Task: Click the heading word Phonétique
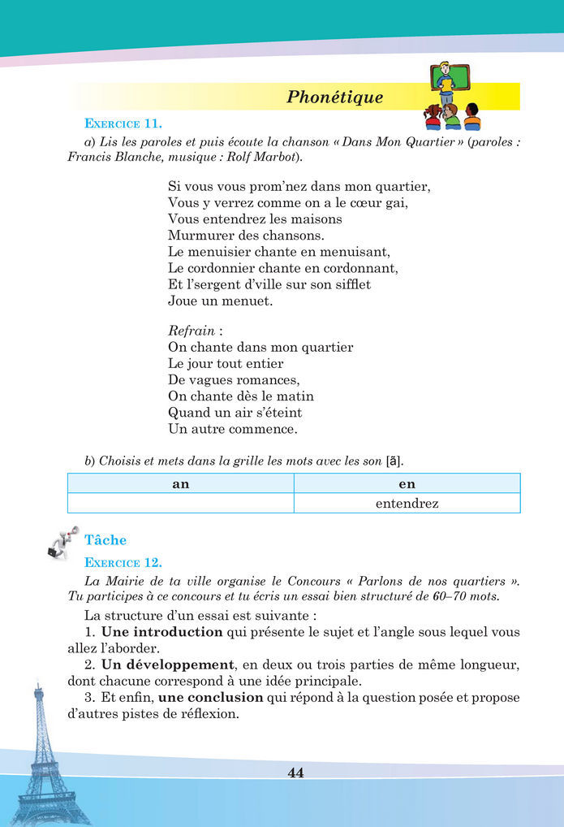pyautogui.click(x=334, y=97)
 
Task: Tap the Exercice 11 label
pyautogui.click(x=123, y=123)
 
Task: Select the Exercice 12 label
pyautogui.click(x=123, y=562)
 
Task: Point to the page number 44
pyautogui.click(x=295, y=773)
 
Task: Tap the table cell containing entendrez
pyautogui.click(x=407, y=504)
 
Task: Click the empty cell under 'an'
pyautogui.click(x=180, y=504)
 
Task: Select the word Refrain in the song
pyautogui.click(x=192, y=331)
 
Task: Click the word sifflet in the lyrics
pyautogui.click(x=351, y=284)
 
